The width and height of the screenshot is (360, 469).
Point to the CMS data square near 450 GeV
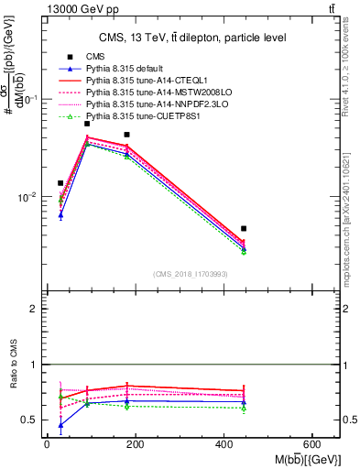tap(244, 228)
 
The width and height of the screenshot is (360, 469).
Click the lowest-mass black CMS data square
tap(60, 183)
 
